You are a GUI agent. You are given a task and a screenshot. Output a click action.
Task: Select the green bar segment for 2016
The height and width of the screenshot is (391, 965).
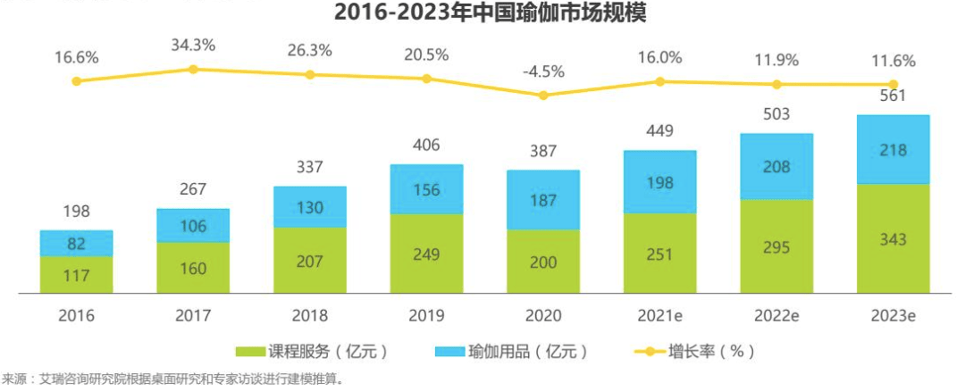click(77, 275)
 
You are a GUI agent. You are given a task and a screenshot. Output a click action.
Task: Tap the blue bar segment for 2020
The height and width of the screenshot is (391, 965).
click(543, 201)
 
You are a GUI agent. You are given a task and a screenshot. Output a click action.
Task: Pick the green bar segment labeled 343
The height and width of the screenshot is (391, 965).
click(894, 238)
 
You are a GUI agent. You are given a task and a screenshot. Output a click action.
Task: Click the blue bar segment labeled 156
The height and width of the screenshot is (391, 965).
click(426, 189)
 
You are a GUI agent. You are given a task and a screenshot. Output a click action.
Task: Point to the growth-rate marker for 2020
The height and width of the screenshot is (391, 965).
click(543, 95)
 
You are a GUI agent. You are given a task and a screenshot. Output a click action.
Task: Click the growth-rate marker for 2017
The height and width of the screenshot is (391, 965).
click(193, 69)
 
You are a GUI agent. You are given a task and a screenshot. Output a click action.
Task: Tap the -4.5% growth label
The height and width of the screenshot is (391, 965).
click(543, 69)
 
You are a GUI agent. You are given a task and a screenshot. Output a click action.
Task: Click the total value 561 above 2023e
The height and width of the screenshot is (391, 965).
click(894, 96)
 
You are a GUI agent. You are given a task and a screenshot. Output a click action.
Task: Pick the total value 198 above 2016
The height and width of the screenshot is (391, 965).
click(77, 212)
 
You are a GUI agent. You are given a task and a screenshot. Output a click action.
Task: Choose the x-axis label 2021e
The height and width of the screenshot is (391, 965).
click(660, 316)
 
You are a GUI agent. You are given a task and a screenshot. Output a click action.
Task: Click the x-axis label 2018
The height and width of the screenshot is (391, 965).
click(310, 316)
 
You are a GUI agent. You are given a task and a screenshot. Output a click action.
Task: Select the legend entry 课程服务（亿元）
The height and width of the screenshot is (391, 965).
click(312, 352)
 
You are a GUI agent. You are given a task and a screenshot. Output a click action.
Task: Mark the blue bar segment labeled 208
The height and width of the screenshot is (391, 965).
click(776, 166)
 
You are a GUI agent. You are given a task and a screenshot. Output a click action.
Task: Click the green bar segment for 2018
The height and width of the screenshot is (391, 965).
click(310, 261)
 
